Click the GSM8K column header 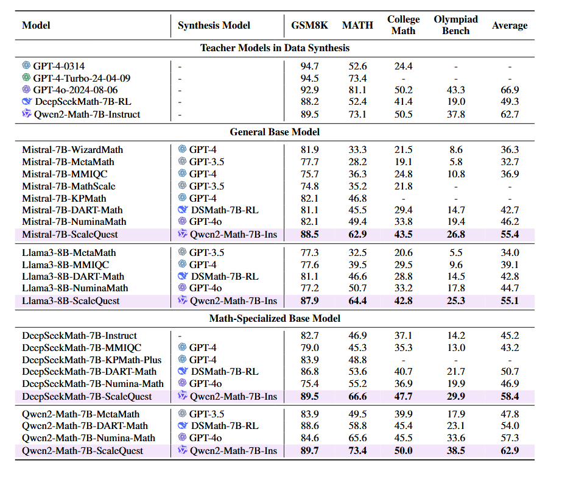coord(309,25)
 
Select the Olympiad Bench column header coord(455,25)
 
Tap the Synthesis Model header coord(214,25)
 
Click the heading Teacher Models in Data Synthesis coord(275,48)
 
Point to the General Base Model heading coord(275,132)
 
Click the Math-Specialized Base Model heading coord(275,318)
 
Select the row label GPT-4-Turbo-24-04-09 coord(82,78)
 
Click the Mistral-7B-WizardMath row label coord(72,149)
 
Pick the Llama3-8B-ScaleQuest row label coord(71,300)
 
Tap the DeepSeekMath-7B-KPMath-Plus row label coord(92,360)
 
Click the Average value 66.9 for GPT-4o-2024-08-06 coord(510,90)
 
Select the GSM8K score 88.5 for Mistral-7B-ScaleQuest coord(310,234)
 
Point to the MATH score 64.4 coord(357,300)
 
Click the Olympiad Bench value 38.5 coord(455,450)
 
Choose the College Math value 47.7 coord(403,396)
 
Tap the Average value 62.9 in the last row coord(510,450)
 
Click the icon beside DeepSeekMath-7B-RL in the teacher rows coord(27,102)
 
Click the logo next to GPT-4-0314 coord(26,65)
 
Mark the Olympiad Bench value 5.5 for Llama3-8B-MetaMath coord(455,252)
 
